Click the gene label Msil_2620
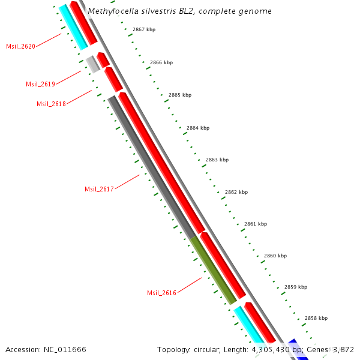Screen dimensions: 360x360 tap(20, 46)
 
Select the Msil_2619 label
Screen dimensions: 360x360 tap(40, 84)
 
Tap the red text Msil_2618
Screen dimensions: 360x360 tap(51, 104)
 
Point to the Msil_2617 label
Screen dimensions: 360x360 tap(99, 189)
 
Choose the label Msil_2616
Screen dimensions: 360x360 tap(161, 293)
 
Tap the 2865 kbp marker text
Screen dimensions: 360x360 tap(180, 95)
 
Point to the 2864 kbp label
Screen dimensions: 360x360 tap(198, 128)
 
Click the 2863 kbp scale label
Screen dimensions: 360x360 tap(217, 160)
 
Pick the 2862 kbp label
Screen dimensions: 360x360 tap(236, 192)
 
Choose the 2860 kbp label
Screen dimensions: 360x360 tap(275, 256)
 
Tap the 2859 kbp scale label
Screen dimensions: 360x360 tap(296, 287)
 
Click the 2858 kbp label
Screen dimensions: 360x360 tap(316, 318)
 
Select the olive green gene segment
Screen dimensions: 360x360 tap(214, 269)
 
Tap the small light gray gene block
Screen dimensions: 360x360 tap(92, 64)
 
